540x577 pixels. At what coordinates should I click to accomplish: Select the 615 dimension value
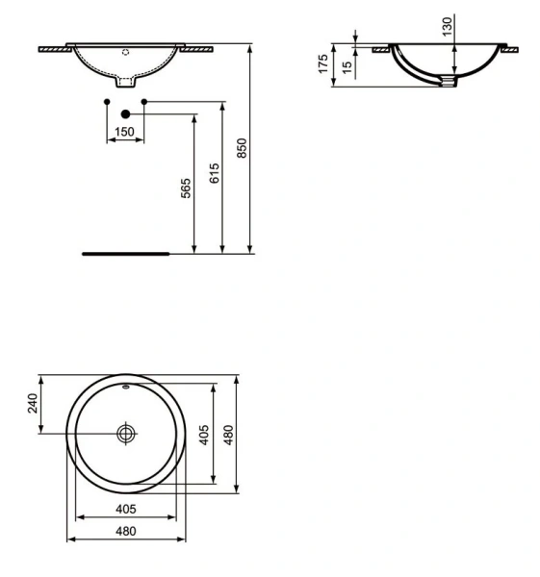pyautogui.click(x=216, y=173)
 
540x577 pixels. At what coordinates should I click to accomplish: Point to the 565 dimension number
pyautogui.click(x=187, y=189)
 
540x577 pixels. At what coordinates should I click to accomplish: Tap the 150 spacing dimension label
pyautogui.click(x=124, y=132)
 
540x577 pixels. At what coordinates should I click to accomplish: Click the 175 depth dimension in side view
pyautogui.click(x=324, y=64)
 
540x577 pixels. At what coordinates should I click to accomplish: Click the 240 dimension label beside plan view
pyautogui.click(x=32, y=403)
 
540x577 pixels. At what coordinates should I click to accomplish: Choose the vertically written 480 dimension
pyautogui.click(x=229, y=435)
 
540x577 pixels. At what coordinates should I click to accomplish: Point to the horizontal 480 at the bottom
pyautogui.click(x=125, y=531)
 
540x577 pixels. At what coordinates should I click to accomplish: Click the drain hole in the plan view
pyautogui.click(x=125, y=434)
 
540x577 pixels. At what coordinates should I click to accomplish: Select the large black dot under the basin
pyautogui.click(x=125, y=113)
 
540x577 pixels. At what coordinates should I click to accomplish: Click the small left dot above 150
pyautogui.click(x=106, y=101)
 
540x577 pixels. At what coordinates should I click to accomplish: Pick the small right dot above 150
pyautogui.click(x=143, y=101)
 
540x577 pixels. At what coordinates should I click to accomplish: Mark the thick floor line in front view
pyautogui.click(x=125, y=255)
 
